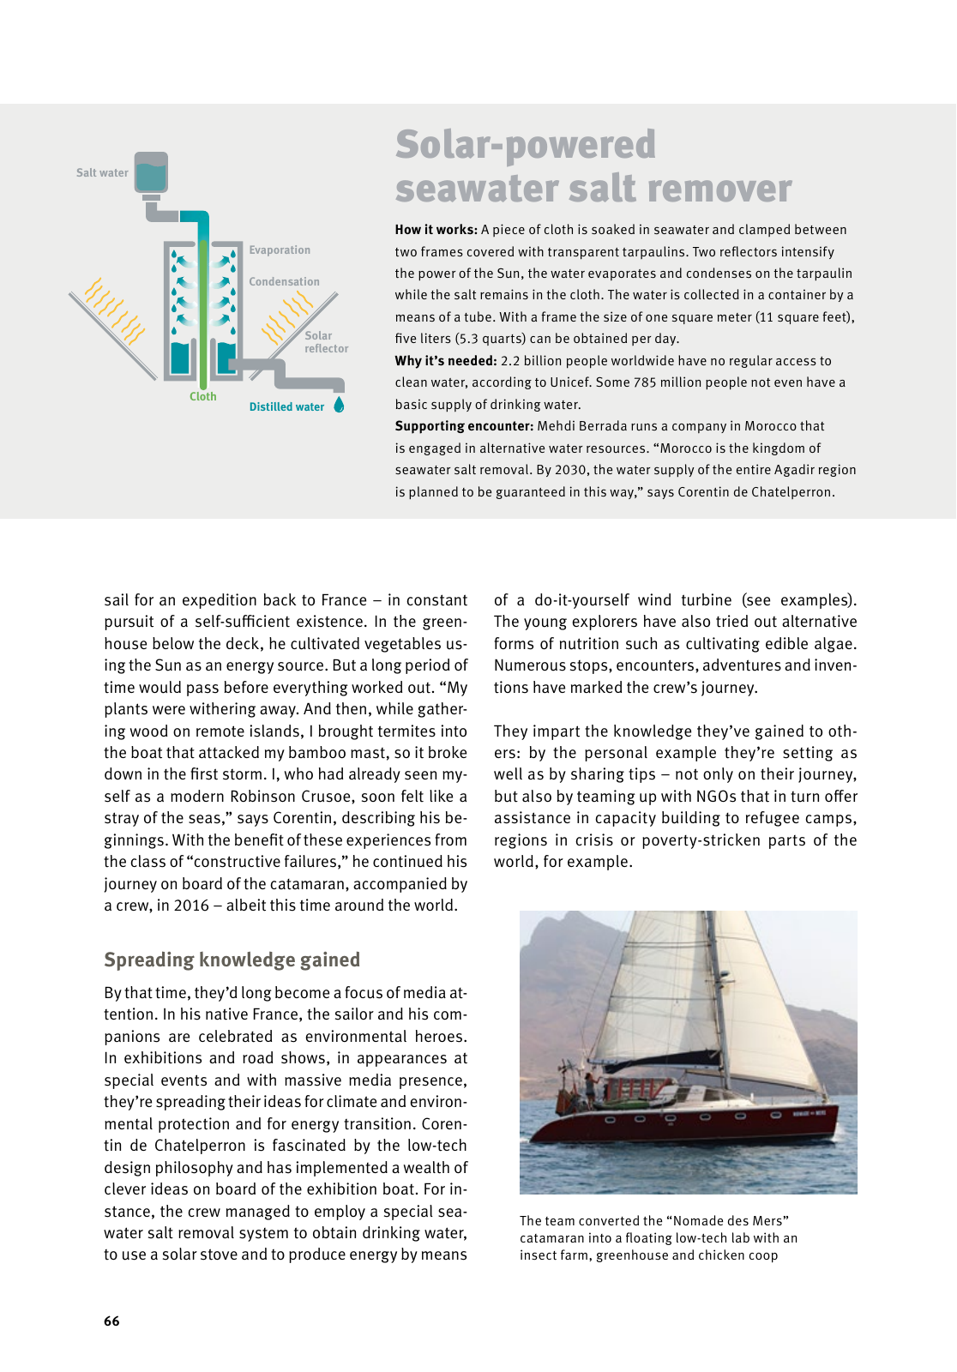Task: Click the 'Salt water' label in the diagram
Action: [102, 172]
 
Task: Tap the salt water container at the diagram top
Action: [151, 173]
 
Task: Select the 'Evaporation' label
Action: [280, 250]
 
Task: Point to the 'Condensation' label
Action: [284, 282]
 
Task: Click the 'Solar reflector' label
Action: [326, 342]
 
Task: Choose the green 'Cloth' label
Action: [203, 397]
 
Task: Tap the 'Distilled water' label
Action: [286, 407]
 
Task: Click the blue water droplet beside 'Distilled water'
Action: [339, 405]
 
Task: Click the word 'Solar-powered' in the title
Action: [526, 145]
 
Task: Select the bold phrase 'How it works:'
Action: [436, 230]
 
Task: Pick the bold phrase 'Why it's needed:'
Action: [446, 361]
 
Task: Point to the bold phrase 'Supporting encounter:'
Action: [464, 426]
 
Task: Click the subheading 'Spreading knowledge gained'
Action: [232, 960]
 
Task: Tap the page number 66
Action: [111, 1321]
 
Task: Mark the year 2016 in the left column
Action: [191, 906]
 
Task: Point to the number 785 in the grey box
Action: [645, 382]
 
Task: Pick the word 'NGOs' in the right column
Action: [718, 797]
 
